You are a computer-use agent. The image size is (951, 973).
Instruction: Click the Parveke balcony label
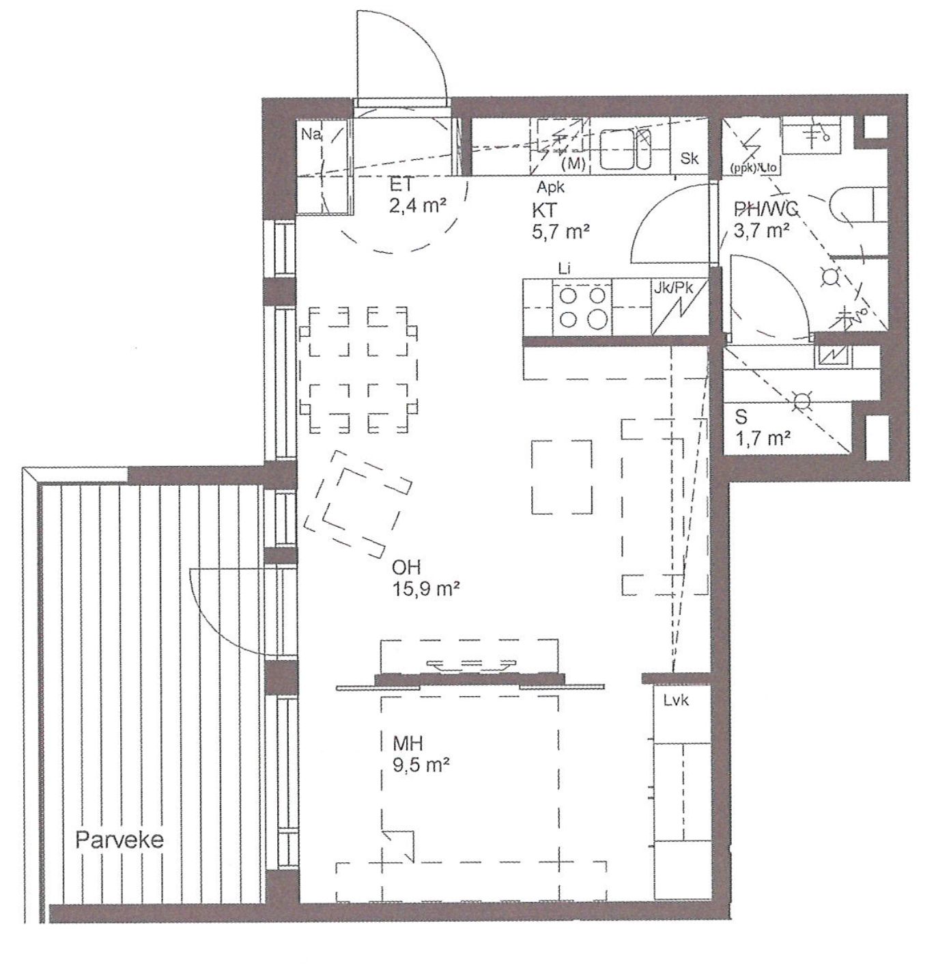click(119, 839)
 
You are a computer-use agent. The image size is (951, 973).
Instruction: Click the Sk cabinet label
click(690, 159)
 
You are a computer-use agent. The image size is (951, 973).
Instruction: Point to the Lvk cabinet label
click(676, 701)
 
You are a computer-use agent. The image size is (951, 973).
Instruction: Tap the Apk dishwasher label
click(550, 187)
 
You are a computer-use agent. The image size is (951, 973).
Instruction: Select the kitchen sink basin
click(625, 150)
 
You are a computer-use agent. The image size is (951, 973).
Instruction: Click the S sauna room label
click(741, 417)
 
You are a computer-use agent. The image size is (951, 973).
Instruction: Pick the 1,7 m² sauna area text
click(763, 438)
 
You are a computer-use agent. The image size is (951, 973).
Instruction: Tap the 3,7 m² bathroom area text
click(761, 230)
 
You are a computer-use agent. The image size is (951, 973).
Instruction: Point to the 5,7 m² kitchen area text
click(560, 232)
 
